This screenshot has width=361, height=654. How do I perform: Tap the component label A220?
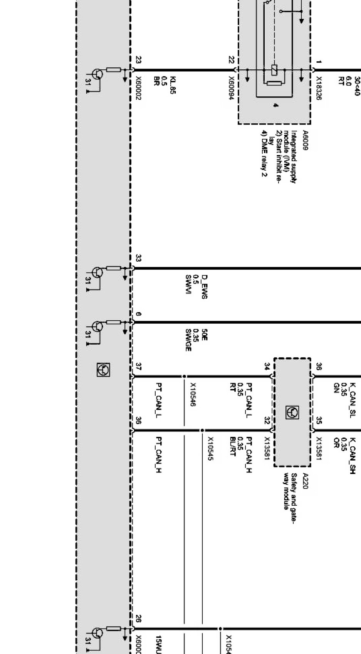coord(305,481)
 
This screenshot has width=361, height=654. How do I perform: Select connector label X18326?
coord(319,88)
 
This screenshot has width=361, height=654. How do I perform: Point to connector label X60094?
coord(231,88)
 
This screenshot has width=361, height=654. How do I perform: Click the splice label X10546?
coord(193,394)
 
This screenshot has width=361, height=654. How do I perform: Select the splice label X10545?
coord(210,448)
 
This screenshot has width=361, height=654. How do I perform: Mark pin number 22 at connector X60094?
coord(231,60)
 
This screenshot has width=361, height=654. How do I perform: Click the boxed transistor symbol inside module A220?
coord(292,412)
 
